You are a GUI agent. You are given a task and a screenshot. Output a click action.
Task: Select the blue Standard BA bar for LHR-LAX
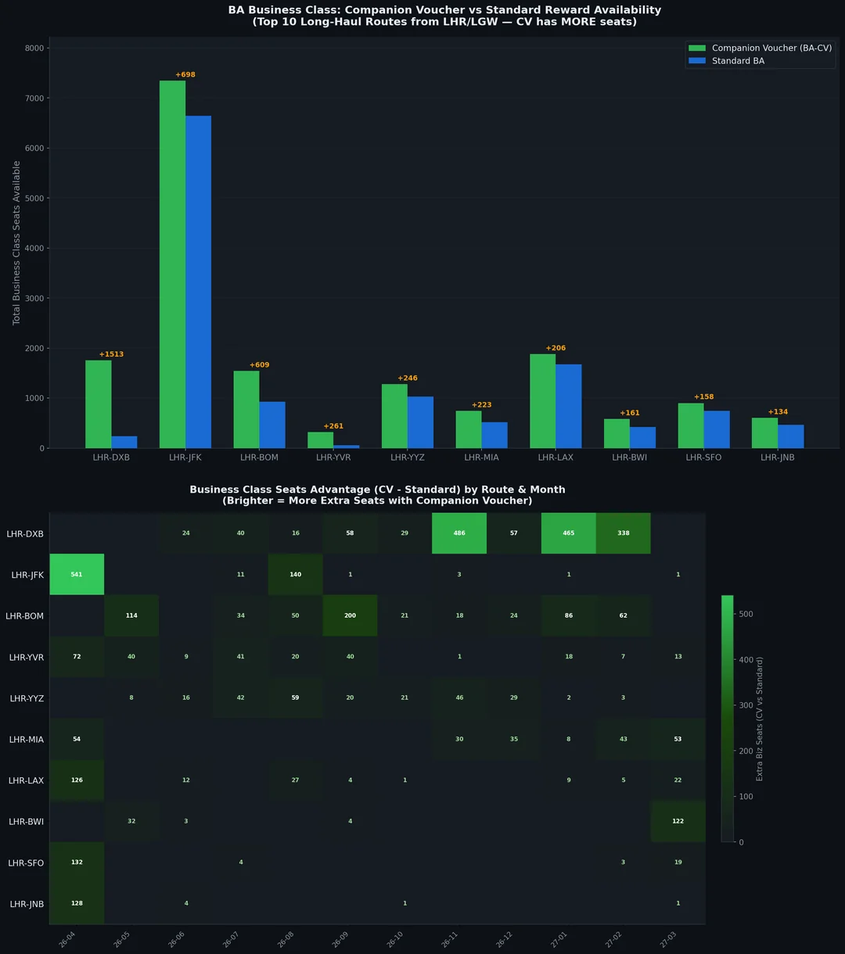[x=568, y=407]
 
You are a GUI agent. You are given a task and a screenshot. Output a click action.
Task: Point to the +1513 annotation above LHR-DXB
[x=111, y=354]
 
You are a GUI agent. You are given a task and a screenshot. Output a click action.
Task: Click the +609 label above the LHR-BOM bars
[x=259, y=365]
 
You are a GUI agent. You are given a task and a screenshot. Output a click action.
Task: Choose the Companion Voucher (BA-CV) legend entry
[x=771, y=48]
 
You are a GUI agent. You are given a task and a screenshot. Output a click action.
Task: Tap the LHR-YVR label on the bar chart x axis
[x=333, y=457]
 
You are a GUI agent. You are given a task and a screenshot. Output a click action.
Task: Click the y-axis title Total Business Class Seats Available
[x=16, y=243]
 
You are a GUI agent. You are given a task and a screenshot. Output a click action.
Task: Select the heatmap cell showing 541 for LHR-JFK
[x=77, y=575]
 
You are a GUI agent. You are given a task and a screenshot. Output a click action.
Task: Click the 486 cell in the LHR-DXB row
[x=459, y=533]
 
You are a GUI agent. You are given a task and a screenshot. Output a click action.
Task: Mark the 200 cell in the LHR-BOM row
[x=350, y=615]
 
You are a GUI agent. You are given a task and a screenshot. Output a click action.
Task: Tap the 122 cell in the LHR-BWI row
[x=678, y=821]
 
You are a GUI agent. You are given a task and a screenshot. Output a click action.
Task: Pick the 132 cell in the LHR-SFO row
[x=77, y=863]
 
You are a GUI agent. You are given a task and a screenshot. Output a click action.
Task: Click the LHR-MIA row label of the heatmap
[x=26, y=739]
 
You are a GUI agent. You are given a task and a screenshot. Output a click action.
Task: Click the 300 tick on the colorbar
[x=746, y=705]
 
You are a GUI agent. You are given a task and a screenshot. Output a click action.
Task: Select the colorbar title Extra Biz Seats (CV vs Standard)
[x=759, y=719]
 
